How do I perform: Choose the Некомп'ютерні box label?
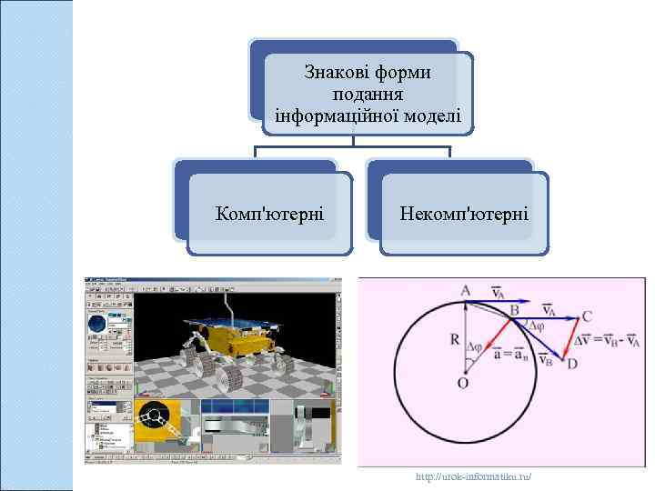point(464,215)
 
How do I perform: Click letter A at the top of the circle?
point(465,290)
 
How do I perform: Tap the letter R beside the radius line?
point(453,340)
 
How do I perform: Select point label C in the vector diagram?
point(588,317)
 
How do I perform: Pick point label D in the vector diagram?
point(573,366)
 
